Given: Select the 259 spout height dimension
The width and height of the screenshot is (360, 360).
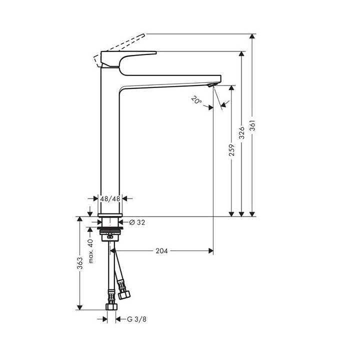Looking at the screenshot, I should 231,150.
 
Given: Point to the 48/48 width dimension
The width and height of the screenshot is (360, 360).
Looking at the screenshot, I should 109,198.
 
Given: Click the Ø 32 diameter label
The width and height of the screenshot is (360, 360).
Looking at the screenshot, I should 137,222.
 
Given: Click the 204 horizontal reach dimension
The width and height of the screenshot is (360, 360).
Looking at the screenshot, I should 161,250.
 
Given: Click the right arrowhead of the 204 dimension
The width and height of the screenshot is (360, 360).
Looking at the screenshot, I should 210,250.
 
